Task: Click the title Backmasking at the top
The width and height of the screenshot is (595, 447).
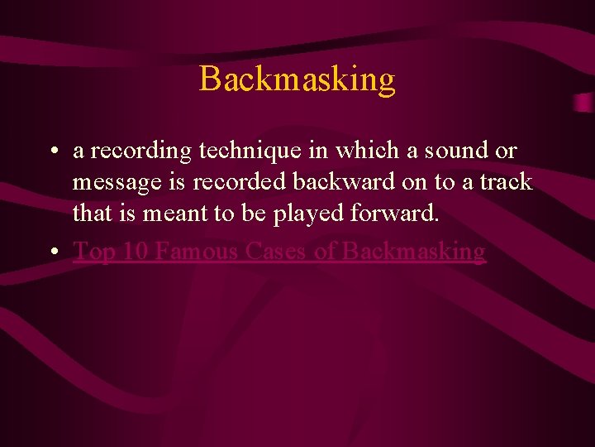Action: pos(297,79)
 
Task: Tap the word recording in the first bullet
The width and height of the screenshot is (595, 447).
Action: pos(140,151)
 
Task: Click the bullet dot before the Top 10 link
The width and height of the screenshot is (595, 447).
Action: pos(52,252)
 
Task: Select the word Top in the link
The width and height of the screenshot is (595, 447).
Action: pos(93,251)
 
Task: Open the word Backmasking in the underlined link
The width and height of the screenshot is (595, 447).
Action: pos(413,251)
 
